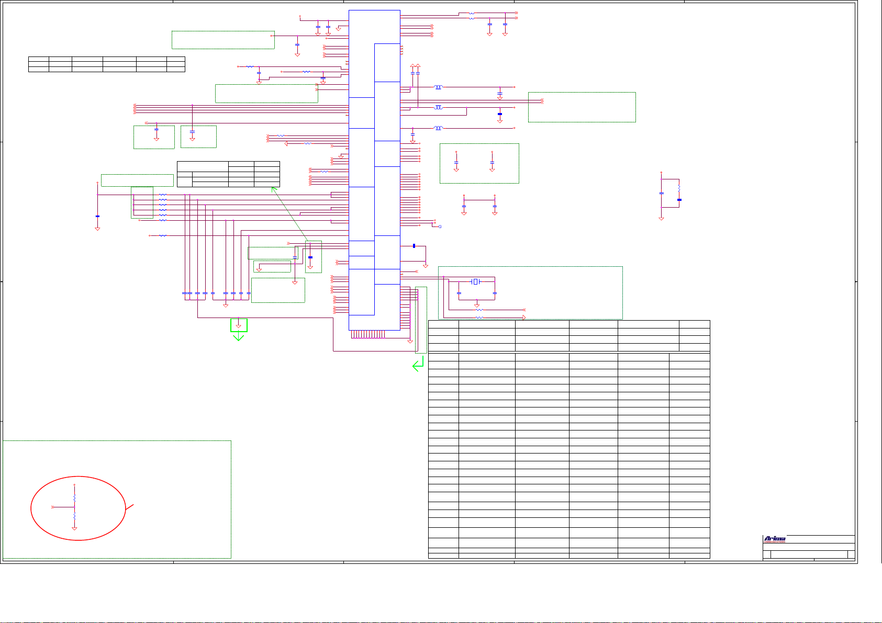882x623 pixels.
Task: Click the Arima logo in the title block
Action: (x=774, y=539)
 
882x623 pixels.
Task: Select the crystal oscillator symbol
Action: (x=475, y=282)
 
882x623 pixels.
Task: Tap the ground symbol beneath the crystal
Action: (x=476, y=305)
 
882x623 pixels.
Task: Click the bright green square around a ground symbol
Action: (x=239, y=325)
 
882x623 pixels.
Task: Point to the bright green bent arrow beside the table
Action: (x=418, y=365)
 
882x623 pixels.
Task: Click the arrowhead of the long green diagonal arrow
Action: (x=273, y=189)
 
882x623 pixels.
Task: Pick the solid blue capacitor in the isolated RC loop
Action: (x=679, y=200)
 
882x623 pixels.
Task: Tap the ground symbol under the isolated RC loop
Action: (x=661, y=218)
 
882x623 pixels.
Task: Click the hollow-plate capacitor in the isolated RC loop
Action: (x=661, y=194)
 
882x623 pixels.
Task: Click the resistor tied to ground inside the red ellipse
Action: (x=74, y=516)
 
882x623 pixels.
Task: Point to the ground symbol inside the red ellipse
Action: (x=74, y=529)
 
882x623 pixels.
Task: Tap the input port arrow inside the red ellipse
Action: (x=53, y=507)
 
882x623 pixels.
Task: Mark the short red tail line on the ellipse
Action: (x=130, y=506)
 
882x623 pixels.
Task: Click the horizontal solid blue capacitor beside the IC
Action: (x=414, y=246)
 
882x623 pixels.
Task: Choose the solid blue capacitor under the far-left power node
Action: (x=97, y=216)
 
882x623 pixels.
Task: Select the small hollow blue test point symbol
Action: (x=440, y=226)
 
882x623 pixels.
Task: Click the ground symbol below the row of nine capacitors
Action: (x=226, y=304)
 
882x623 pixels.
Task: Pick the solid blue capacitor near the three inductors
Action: (x=500, y=114)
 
